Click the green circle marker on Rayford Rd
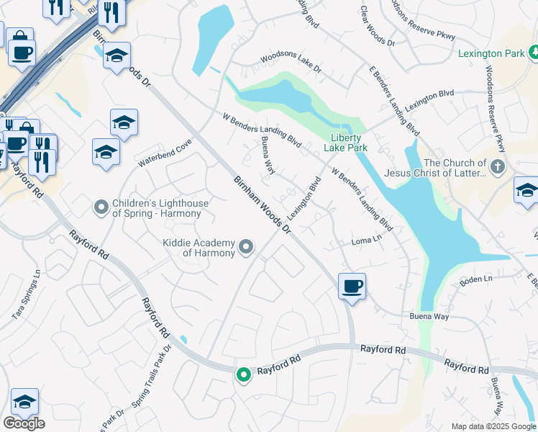click(x=244, y=374)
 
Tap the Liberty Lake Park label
click(x=349, y=143)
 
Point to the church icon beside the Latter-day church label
click(x=497, y=168)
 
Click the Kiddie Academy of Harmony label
click(x=199, y=248)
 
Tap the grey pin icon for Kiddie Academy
click(x=247, y=248)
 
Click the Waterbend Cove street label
click(x=165, y=153)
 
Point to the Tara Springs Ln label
click(x=27, y=294)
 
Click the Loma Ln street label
click(x=367, y=240)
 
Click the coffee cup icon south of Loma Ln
click(x=352, y=286)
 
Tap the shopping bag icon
click(x=19, y=37)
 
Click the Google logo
click(x=24, y=423)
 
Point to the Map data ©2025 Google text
click(x=493, y=426)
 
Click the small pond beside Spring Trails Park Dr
click(x=184, y=339)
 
